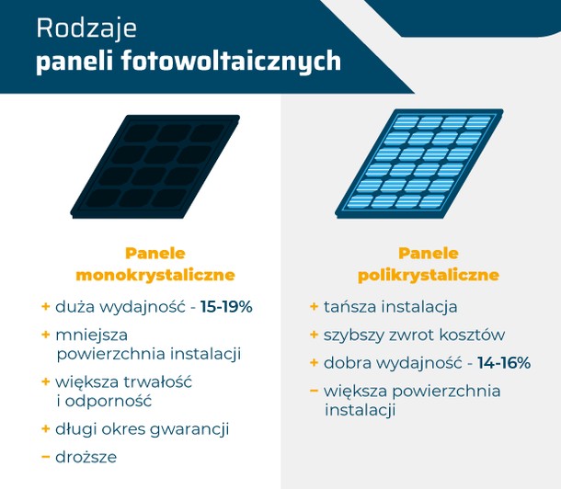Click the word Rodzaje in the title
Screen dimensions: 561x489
coord(86,29)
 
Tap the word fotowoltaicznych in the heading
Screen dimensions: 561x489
coord(231,62)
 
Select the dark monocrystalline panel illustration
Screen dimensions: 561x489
coord(155,166)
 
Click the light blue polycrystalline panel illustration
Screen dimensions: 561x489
coord(419,164)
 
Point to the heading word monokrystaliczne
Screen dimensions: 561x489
coord(155,275)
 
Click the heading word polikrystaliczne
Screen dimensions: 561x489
coord(429,275)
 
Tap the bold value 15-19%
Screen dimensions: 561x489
coord(226,307)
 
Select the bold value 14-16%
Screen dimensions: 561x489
coord(504,363)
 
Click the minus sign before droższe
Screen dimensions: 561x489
coord(45,457)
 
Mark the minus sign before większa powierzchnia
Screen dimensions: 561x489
coord(314,391)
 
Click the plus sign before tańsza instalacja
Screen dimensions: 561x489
coord(314,307)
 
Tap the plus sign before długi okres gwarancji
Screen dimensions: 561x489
coord(45,428)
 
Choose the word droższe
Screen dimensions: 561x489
coord(86,457)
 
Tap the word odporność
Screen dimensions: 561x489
coord(109,401)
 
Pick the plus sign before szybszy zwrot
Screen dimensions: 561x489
coord(314,335)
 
